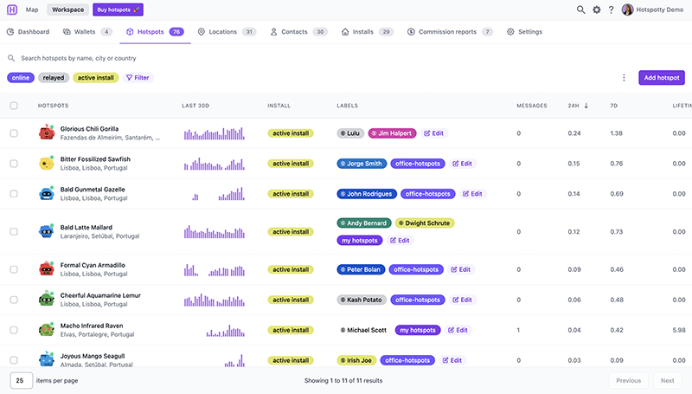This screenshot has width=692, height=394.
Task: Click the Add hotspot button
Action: click(x=661, y=78)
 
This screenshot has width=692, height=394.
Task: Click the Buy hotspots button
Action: click(x=118, y=10)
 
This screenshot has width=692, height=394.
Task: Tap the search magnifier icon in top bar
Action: click(x=580, y=10)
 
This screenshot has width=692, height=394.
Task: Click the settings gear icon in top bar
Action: click(x=596, y=10)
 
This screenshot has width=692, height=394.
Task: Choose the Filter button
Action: click(x=138, y=78)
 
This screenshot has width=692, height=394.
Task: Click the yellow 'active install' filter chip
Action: click(x=96, y=78)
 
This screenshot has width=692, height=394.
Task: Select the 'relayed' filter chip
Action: click(x=54, y=78)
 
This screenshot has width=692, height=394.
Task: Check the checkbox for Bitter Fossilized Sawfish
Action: click(x=14, y=164)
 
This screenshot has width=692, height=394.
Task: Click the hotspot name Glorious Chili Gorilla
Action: click(x=90, y=129)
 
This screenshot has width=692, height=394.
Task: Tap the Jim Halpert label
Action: click(x=392, y=133)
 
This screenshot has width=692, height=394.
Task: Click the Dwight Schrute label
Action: click(x=425, y=223)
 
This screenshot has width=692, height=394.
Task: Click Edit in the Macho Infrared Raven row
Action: click(x=458, y=330)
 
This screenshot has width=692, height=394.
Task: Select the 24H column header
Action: click(x=573, y=106)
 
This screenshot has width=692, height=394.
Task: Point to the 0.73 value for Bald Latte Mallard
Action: click(x=616, y=232)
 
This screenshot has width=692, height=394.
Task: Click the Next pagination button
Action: click(x=667, y=380)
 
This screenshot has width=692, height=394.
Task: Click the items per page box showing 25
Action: click(x=22, y=380)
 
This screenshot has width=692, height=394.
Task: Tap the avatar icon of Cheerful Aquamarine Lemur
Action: click(x=47, y=299)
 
